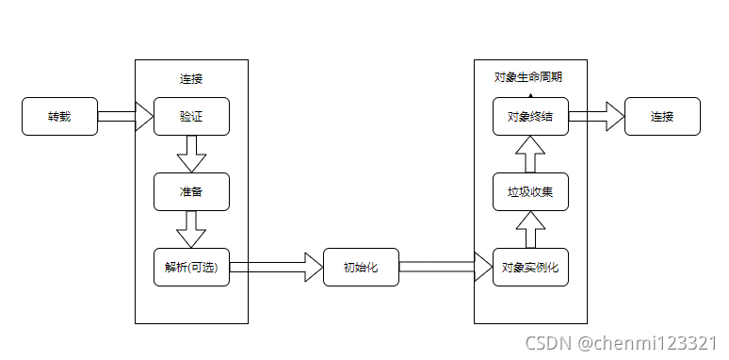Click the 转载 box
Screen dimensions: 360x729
point(59,117)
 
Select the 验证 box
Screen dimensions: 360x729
point(191,117)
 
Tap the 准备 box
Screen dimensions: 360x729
point(191,192)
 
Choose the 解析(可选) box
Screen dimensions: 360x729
point(191,268)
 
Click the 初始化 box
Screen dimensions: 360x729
point(361,268)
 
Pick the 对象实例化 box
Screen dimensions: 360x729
point(530,268)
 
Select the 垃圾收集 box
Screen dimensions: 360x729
point(530,192)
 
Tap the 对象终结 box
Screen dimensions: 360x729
point(530,117)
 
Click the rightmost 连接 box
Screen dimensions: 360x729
point(662,117)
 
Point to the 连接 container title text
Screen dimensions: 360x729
point(191,78)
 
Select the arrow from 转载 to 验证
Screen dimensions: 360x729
point(125,117)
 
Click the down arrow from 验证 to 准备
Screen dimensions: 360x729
point(191,154)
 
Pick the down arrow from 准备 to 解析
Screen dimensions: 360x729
point(191,229)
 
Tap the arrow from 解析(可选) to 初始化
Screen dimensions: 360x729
point(276,268)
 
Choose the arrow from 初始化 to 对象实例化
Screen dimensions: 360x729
point(445,268)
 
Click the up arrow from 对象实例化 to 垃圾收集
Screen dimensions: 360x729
point(530,229)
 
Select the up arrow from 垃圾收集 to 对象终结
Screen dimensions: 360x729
point(530,154)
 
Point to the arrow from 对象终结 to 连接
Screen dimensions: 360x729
point(596,117)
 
